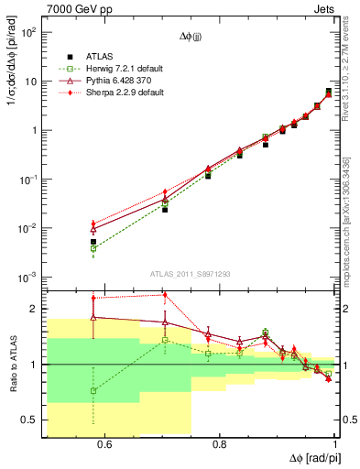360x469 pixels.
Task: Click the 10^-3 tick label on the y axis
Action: pos(29,277)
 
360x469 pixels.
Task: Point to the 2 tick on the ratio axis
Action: pos(34,309)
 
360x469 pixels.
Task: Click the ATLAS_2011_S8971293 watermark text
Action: pos(190,273)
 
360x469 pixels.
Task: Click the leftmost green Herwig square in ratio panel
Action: pos(93,390)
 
